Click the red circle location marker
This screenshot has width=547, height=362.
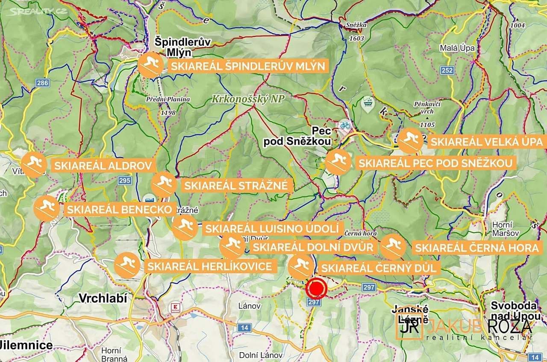tap(317, 289)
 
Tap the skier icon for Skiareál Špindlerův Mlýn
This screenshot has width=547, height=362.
tap(150, 66)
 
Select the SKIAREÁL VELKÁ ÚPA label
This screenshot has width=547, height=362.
tap(486, 142)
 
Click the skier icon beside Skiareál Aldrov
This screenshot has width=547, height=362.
tap(34, 164)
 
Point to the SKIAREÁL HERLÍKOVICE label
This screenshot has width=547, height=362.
tap(209, 267)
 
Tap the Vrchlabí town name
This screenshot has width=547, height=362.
tap(103, 298)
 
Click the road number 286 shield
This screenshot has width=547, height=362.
tap(42, 83)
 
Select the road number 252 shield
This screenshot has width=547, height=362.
tap(447, 70)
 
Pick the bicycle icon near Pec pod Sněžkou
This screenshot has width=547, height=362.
tap(345, 126)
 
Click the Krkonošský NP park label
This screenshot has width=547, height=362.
tap(248, 99)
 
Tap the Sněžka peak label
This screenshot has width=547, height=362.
tap(356, 25)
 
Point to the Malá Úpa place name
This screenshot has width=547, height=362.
tap(457, 48)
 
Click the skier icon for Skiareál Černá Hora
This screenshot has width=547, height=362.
tap(393, 247)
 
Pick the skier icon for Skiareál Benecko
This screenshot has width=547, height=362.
tap(47, 209)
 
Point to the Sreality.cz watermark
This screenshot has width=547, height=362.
tap(38, 11)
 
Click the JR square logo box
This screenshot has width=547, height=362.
tap(409, 327)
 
